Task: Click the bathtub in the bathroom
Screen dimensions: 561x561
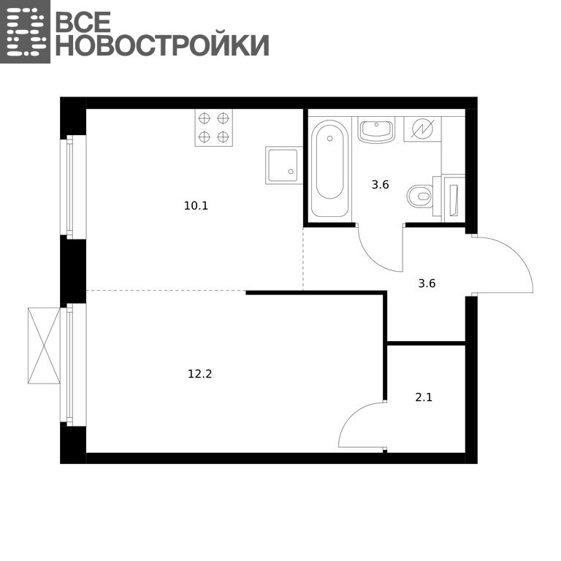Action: [x=329, y=169]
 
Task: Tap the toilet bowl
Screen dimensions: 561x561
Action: [x=420, y=196]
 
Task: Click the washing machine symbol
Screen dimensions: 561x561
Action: [x=422, y=129]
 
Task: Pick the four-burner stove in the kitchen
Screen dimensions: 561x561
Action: [x=213, y=127]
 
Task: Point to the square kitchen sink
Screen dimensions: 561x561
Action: [x=284, y=165]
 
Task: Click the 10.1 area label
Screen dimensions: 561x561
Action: [x=196, y=206]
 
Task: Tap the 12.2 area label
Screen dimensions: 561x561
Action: [x=200, y=374]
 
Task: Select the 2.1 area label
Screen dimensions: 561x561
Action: [x=424, y=397]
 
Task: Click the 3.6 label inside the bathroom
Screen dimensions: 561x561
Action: [x=381, y=185]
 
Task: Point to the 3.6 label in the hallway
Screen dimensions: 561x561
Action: [x=427, y=283]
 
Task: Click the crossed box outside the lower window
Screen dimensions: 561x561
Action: [x=44, y=346]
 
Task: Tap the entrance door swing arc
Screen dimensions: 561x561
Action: [x=519, y=255]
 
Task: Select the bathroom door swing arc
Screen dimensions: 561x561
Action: [x=372, y=259]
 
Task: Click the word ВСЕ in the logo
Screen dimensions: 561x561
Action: [x=83, y=21]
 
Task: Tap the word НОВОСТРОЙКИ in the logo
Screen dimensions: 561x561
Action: [x=162, y=45]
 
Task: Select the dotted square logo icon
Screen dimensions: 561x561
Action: [x=25, y=31]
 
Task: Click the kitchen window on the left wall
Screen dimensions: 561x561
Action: [x=73, y=187]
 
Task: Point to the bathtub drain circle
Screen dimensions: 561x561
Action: [x=330, y=139]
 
